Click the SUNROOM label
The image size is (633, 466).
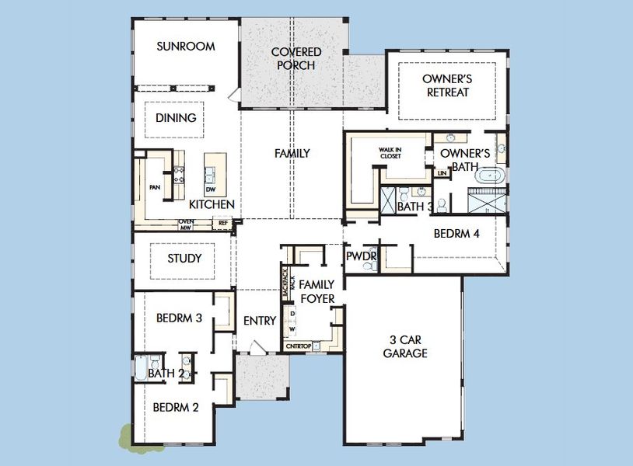[185, 47]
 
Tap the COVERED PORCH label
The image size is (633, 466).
[296, 59]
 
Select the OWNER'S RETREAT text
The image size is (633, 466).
[448, 85]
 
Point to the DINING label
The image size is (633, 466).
[176, 118]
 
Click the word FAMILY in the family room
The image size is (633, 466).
[292, 154]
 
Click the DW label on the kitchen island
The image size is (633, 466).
[211, 190]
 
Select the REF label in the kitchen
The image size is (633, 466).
[223, 224]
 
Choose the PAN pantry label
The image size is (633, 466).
[154, 187]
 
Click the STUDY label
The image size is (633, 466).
[184, 259]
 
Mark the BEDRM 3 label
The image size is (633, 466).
[179, 318]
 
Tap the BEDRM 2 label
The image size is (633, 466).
[176, 408]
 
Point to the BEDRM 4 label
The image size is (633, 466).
[456, 233]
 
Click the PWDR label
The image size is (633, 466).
[361, 256]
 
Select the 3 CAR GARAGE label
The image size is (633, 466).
[405, 346]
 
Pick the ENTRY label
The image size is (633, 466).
[259, 321]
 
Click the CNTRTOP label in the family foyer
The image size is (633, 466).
[297, 346]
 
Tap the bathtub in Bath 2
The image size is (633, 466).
[141, 367]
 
